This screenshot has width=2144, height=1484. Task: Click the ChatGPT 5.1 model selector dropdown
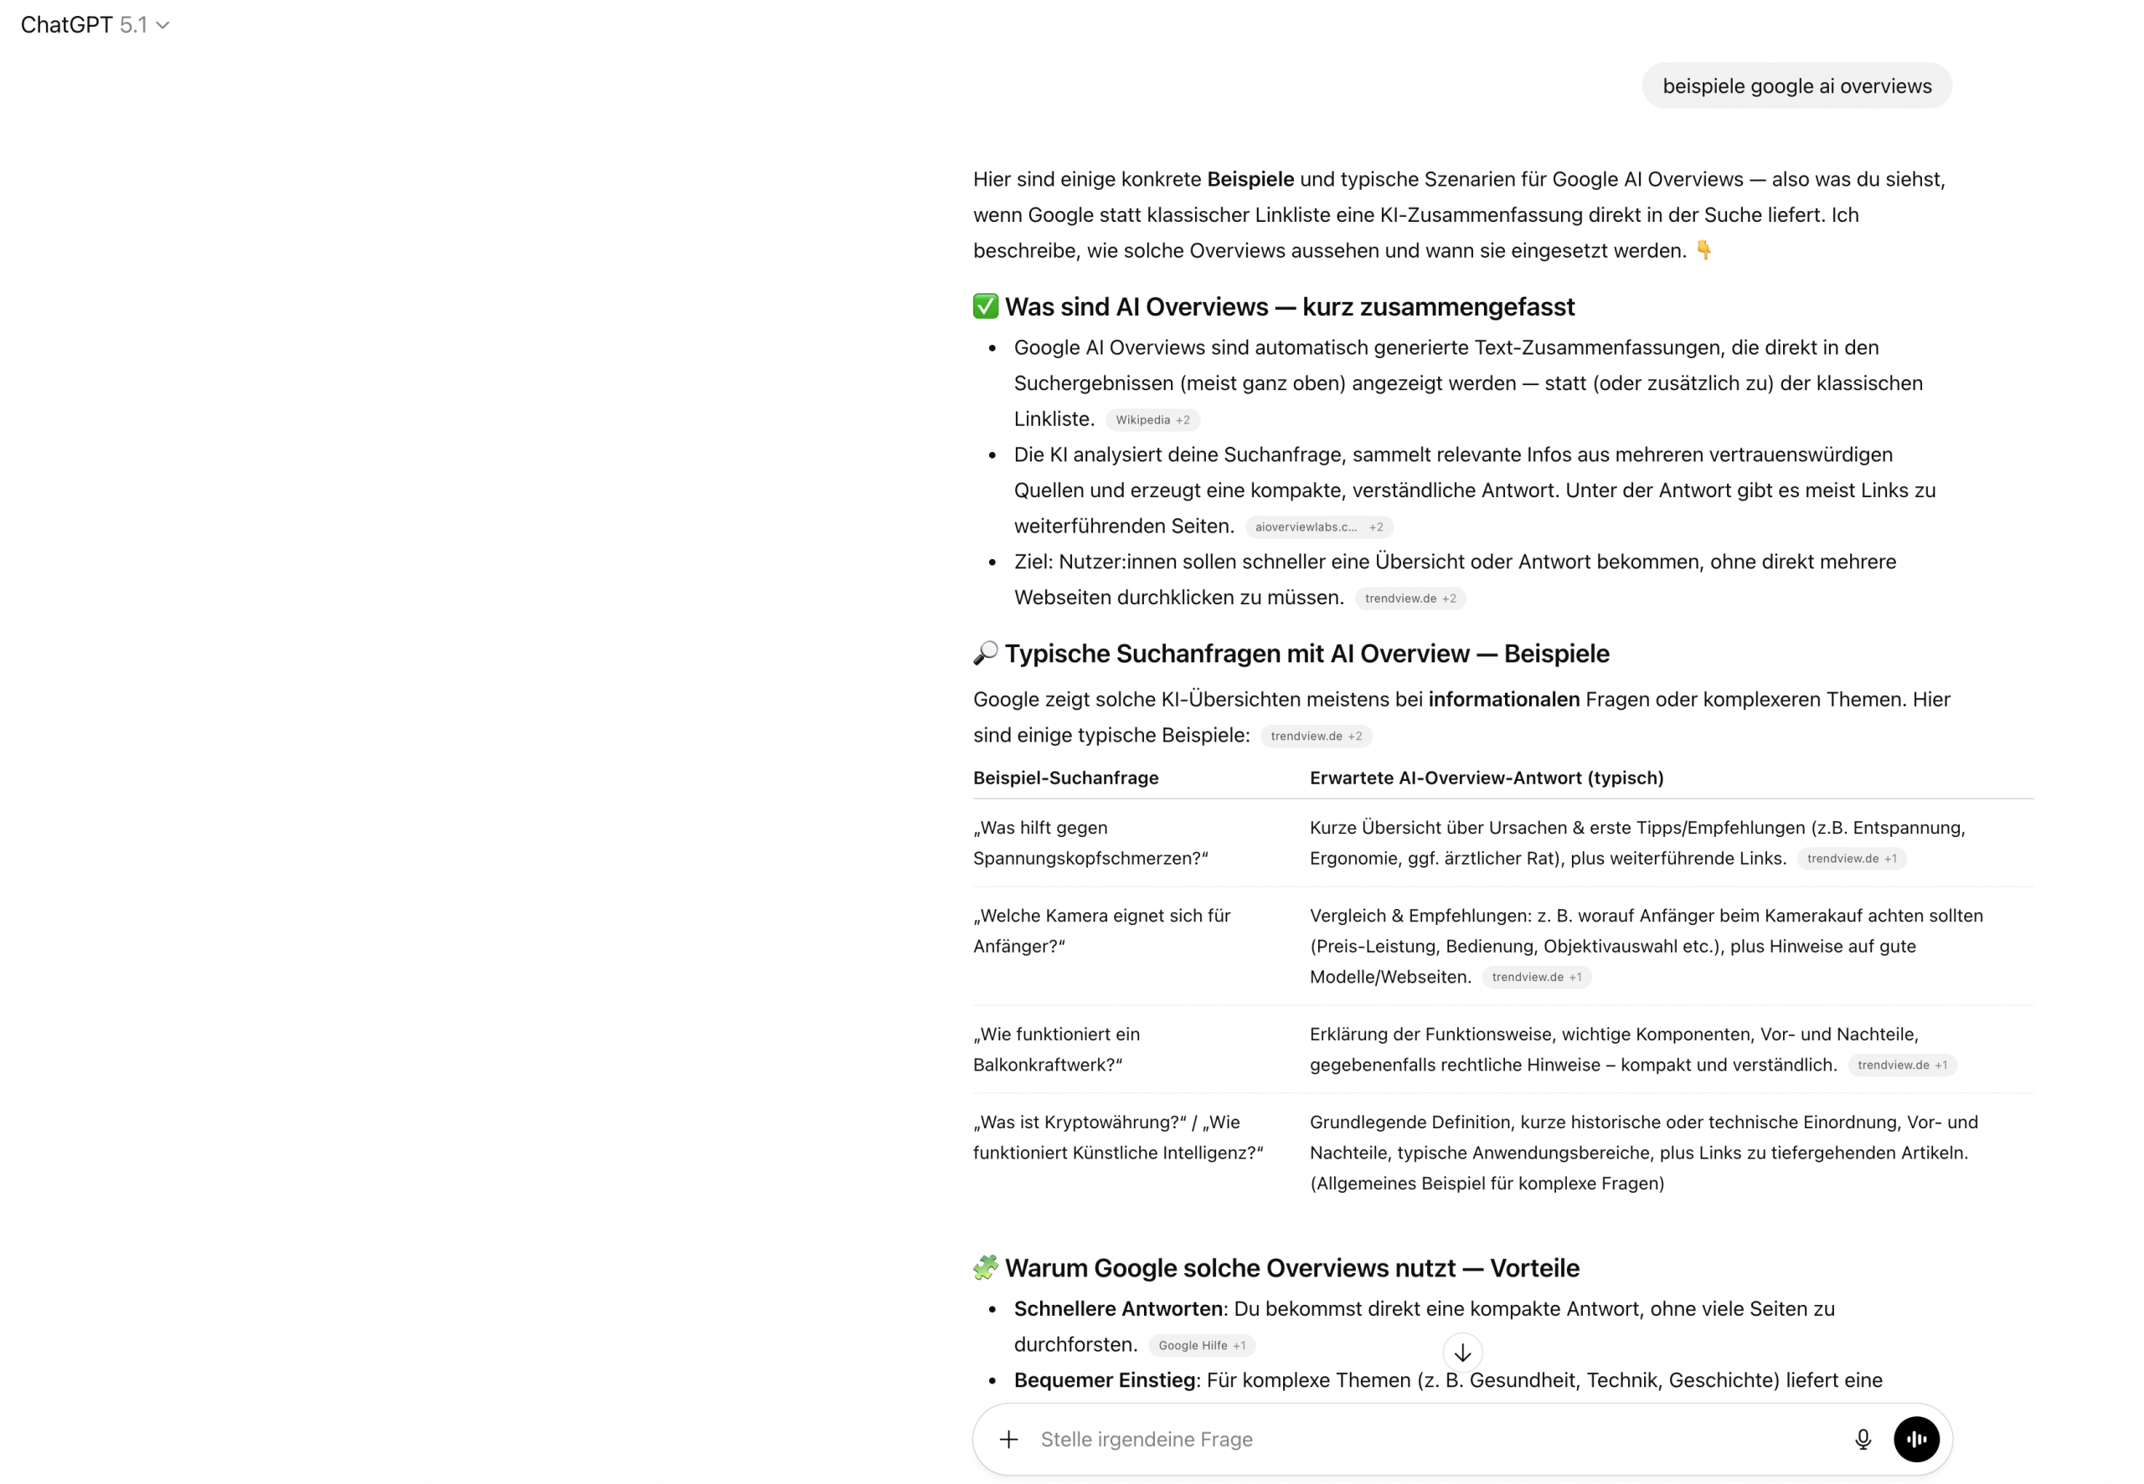pyautogui.click(x=95, y=25)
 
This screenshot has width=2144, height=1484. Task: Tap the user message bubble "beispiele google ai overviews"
pyautogui.click(x=1796, y=86)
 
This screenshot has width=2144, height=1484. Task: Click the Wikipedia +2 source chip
pyautogui.click(x=1152, y=420)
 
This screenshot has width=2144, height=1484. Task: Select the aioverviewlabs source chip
pyautogui.click(x=1318, y=527)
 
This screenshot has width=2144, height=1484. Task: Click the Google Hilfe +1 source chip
pyautogui.click(x=1201, y=1345)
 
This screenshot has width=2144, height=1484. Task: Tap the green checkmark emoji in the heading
pyautogui.click(x=985, y=307)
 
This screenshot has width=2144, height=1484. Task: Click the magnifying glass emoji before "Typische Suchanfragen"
pyautogui.click(x=985, y=654)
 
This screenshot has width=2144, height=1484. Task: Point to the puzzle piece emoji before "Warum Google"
pyautogui.click(x=985, y=1268)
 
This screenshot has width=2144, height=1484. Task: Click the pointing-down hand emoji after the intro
pyautogui.click(x=1703, y=250)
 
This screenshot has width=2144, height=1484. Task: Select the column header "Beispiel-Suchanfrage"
pyautogui.click(x=1065, y=778)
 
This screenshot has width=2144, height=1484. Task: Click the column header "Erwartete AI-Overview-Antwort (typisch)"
pyautogui.click(x=1486, y=778)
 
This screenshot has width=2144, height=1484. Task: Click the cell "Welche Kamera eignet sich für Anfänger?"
pyautogui.click(x=1100, y=931)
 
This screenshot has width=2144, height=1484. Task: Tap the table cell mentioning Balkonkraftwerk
pyautogui.click(x=1056, y=1050)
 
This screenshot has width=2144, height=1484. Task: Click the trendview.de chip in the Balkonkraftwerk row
pyautogui.click(x=1901, y=1066)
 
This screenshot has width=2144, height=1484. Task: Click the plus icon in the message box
pyautogui.click(x=1008, y=1440)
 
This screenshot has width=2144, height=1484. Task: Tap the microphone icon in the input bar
pyautogui.click(x=1862, y=1440)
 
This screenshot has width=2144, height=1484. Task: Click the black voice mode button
pyautogui.click(x=1916, y=1440)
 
